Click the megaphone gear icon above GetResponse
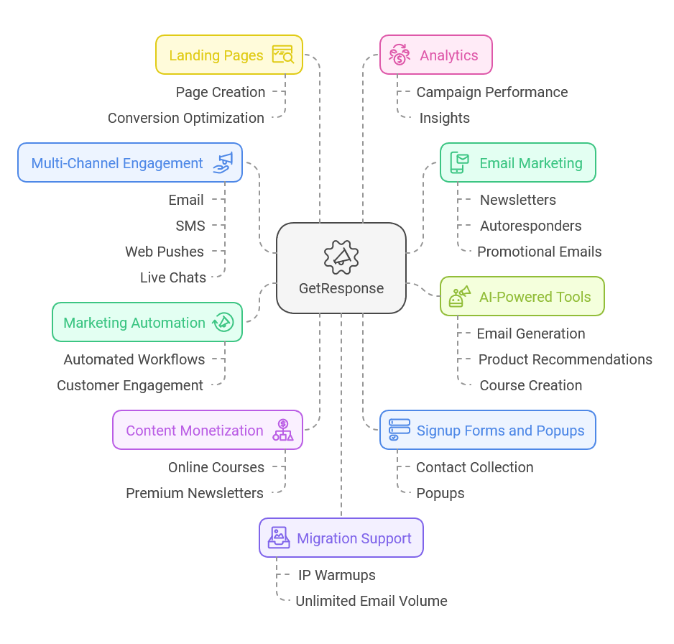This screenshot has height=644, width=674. click(341, 255)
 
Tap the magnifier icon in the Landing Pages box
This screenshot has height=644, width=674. click(282, 55)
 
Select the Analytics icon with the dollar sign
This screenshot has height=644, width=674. click(400, 55)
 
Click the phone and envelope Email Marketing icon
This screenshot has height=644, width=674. click(459, 162)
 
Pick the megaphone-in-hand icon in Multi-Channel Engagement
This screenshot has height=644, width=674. click(223, 162)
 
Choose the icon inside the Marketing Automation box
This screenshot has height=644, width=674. click(223, 322)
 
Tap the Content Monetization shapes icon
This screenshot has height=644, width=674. click(283, 430)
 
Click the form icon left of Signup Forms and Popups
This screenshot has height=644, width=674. click(400, 430)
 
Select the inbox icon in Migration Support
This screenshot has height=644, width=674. click(279, 538)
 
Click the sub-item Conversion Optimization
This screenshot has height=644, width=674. click(186, 118)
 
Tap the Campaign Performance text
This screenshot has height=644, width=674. click(492, 92)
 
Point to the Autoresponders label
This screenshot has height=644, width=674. click(531, 226)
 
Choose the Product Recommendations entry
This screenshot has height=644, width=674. click(565, 359)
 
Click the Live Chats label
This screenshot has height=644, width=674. click(173, 277)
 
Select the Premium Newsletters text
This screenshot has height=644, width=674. click(195, 493)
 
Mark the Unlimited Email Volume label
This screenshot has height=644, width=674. click(371, 601)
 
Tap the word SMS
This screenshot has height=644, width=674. click(190, 226)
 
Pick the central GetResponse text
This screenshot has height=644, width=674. click(341, 288)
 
